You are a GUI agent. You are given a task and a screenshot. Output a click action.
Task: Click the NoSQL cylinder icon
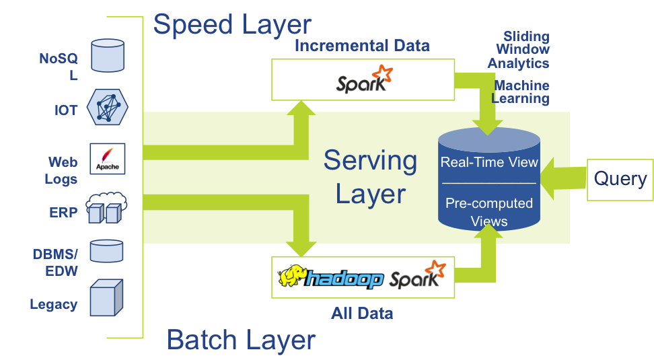[108, 55]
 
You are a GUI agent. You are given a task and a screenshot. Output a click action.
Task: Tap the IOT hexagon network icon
[108, 106]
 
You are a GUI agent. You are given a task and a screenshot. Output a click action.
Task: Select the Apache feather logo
[108, 159]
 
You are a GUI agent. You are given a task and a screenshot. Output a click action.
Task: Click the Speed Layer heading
[232, 24]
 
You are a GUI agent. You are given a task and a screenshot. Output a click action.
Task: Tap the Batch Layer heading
[241, 340]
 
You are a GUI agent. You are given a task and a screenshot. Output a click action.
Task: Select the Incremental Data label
[362, 46]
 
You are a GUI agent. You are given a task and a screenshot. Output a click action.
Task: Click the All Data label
[362, 313]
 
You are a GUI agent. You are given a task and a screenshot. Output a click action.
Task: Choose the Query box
[620, 179]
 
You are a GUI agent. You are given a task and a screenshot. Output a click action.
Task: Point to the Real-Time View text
[489, 162]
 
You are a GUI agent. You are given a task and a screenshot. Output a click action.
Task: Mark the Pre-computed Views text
[489, 212]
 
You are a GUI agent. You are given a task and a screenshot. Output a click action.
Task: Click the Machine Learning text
[521, 92]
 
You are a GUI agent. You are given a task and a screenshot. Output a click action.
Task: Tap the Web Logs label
[61, 171]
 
